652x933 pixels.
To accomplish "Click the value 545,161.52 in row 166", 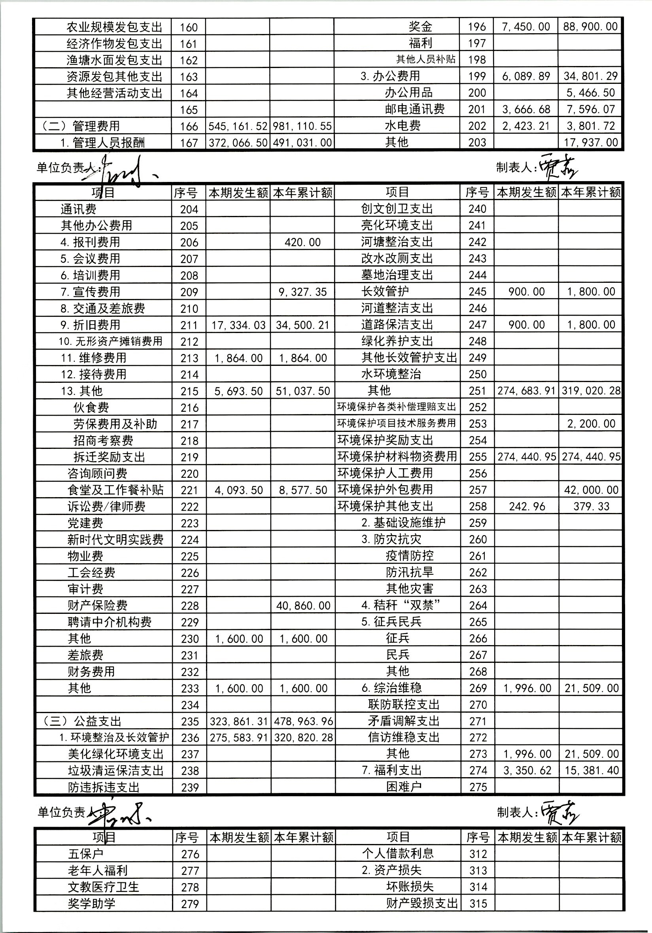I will point(238,127).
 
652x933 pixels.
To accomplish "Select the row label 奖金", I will point(420,27).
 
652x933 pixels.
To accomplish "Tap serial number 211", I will point(189,325).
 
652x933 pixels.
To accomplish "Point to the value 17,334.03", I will point(238,325).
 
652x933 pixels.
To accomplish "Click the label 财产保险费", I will point(98,606).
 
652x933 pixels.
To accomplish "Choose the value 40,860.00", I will point(303,606).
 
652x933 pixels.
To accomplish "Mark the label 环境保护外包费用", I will point(385,490).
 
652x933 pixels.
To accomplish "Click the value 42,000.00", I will point(591,490).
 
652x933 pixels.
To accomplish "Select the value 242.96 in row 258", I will point(527,506).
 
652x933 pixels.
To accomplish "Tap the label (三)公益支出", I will point(82,721).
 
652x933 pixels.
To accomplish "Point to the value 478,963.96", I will point(303,721).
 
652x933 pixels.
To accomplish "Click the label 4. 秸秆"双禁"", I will point(401,606).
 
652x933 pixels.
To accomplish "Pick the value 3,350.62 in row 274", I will point(527,770).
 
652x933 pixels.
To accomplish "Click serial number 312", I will point(478,854).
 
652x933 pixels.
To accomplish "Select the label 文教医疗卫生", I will point(103,887).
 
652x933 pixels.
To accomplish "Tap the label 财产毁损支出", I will point(421,903).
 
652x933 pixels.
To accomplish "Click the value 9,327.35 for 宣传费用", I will point(302,292).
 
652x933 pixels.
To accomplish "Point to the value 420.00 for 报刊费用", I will point(302,242).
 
